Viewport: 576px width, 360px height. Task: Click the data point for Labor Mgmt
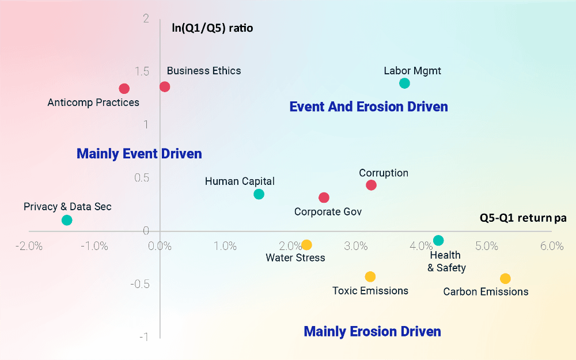pos(404,83)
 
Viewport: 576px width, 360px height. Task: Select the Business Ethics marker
pos(165,86)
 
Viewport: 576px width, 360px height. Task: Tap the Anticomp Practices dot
pos(124,89)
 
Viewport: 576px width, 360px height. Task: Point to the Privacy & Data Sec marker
pos(67,220)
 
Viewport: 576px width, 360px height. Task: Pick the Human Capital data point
pos(259,194)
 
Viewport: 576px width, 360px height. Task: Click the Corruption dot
pos(371,185)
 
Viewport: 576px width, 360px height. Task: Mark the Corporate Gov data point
pos(324,198)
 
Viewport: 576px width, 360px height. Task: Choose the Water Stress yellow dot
pos(306,245)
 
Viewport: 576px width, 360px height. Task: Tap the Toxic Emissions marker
pos(370,277)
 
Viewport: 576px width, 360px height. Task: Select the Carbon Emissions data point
pos(505,278)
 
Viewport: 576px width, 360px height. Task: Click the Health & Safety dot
pos(438,240)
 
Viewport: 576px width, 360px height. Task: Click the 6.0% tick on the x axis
pos(552,247)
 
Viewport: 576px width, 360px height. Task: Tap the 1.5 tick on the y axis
pos(141,71)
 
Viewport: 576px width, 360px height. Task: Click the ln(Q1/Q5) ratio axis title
pos(213,27)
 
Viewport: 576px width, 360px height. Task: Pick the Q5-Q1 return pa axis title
pos(523,218)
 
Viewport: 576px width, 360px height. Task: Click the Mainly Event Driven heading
pos(139,154)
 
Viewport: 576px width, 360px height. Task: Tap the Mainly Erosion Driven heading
pos(372,332)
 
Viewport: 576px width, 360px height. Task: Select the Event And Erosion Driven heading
pos(368,107)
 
